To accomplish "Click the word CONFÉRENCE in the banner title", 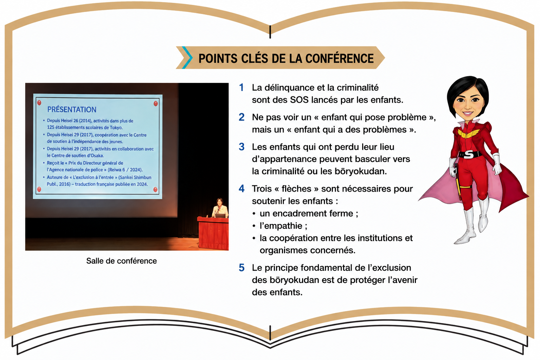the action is [339, 59].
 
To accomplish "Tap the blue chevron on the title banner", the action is [188, 58].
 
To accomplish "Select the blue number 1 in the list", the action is [241, 88].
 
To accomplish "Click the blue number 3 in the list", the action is [242, 147].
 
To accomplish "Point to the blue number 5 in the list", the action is [242, 268].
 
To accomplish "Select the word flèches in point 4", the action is [296, 189].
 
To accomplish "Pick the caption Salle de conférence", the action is [122, 261].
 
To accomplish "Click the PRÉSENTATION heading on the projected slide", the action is [72, 110].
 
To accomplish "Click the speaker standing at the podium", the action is [220, 208].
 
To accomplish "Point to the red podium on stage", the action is [213, 233].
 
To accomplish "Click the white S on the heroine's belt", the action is [468, 154].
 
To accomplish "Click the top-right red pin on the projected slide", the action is [156, 103].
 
